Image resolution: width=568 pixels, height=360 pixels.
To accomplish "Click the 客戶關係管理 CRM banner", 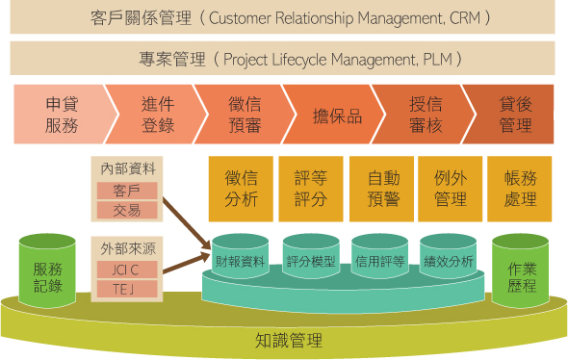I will [x=284, y=17].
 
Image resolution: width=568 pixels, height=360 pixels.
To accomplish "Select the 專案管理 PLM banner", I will [x=284, y=59].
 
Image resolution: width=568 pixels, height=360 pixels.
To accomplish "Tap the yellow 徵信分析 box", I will [x=241, y=188].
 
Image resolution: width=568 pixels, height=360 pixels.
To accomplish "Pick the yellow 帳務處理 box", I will [x=520, y=188].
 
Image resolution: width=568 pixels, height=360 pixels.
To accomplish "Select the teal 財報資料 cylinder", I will [x=241, y=260].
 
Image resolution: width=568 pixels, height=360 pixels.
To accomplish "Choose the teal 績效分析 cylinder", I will [x=449, y=260].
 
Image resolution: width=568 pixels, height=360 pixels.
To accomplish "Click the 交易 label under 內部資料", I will [x=126, y=210].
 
